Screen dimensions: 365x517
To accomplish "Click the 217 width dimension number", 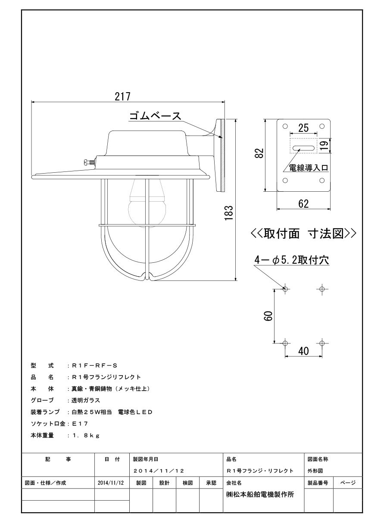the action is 122,97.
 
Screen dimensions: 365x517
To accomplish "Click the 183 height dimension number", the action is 229,212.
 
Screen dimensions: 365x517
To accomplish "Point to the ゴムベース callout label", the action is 155,116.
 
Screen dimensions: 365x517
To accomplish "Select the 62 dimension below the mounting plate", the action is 303,204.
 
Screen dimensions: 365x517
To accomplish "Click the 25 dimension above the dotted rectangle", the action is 303,128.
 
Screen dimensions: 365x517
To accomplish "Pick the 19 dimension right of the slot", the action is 324,146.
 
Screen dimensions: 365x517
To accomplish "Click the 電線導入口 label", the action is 309,168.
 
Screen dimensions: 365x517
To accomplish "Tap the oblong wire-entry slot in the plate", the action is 303,148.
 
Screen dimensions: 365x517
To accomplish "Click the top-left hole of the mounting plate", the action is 285,126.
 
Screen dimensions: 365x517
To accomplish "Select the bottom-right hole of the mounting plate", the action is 322,180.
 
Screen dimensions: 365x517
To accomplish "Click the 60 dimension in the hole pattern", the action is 268,316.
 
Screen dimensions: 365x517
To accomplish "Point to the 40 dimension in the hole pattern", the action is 303,351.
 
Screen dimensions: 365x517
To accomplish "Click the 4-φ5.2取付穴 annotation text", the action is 292,260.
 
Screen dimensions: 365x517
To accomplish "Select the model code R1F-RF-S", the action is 95,366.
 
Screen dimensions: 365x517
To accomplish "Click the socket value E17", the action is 80,424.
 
